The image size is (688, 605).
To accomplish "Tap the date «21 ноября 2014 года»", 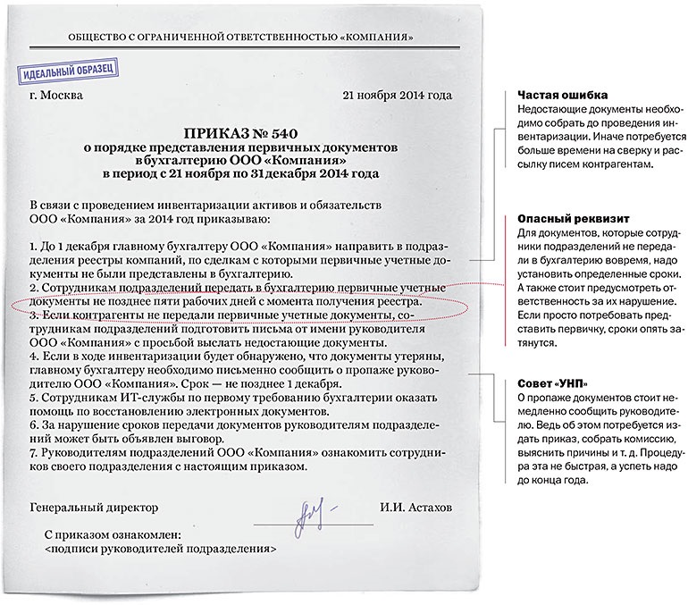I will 397,96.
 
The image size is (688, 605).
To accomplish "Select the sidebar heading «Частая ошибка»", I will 551,96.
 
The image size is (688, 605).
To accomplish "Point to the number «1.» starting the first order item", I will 35,244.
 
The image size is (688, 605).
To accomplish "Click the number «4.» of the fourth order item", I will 35,357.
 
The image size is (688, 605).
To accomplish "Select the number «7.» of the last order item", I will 35,453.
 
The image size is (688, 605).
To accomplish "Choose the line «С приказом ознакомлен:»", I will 112,534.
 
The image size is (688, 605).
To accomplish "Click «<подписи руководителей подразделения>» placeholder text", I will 159,550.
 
